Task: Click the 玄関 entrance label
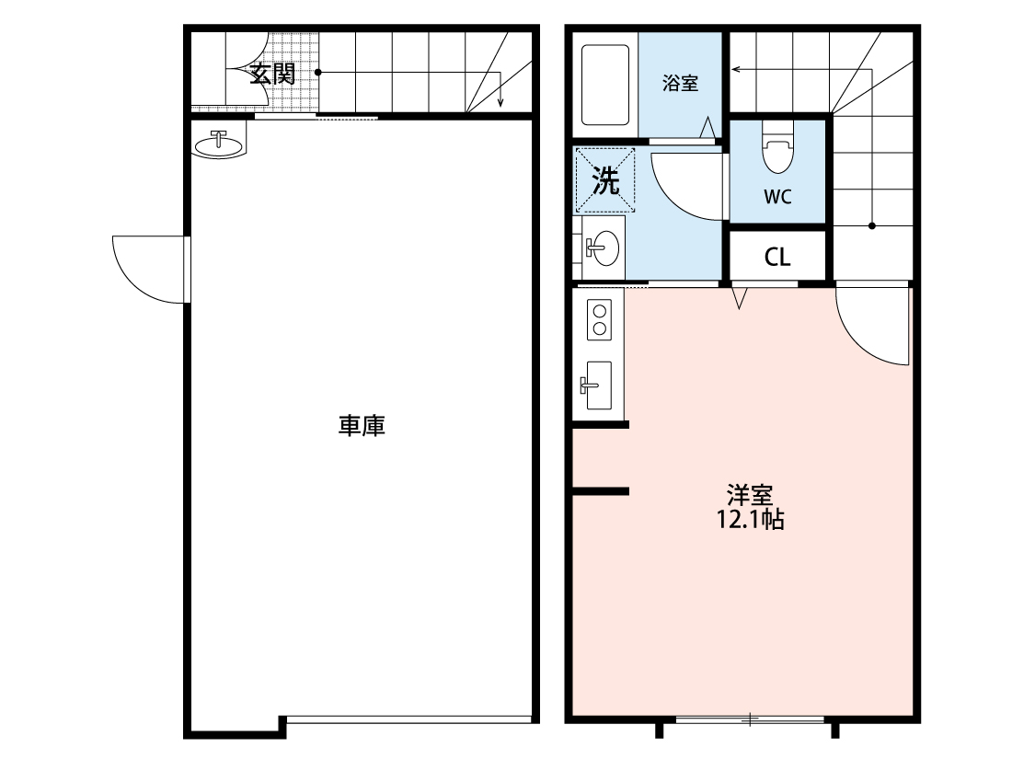click(x=273, y=74)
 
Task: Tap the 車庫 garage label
click(x=362, y=426)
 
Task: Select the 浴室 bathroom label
click(x=680, y=83)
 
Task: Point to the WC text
click(x=777, y=196)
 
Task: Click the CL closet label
click(x=777, y=258)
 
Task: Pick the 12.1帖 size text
click(x=750, y=520)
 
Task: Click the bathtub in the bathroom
click(x=604, y=86)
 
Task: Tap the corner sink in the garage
click(x=220, y=144)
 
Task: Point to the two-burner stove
click(x=600, y=318)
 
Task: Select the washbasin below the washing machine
click(x=603, y=247)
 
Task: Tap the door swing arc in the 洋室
click(x=869, y=327)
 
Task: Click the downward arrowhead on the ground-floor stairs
click(x=500, y=103)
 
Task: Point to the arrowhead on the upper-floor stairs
click(x=736, y=68)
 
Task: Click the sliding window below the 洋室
click(x=750, y=719)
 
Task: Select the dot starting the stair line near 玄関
click(x=318, y=72)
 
